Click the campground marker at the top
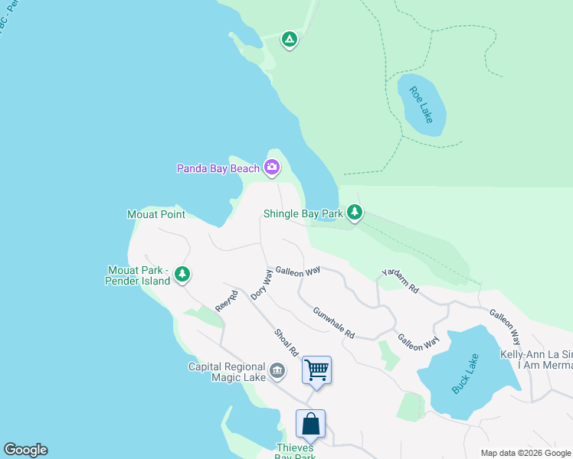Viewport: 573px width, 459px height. click(289, 38)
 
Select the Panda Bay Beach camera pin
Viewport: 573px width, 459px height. click(272, 167)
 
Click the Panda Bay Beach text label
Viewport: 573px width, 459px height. click(218, 168)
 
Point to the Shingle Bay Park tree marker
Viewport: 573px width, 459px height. click(354, 211)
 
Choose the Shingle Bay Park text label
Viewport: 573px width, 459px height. click(303, 214)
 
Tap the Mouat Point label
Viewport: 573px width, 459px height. click(156, 214)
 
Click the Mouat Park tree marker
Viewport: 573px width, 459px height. click(182, 273)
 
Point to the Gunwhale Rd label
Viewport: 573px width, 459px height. click(334, 323)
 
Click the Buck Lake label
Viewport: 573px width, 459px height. click(465, 373)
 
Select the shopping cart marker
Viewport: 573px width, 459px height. click(316, 370)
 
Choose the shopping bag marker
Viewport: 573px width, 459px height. click(310, 424)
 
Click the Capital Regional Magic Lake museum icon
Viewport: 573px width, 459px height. click(277, 372)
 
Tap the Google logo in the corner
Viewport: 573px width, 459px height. click(25, 450)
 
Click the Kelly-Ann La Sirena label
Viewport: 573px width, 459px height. click(536, 354)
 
